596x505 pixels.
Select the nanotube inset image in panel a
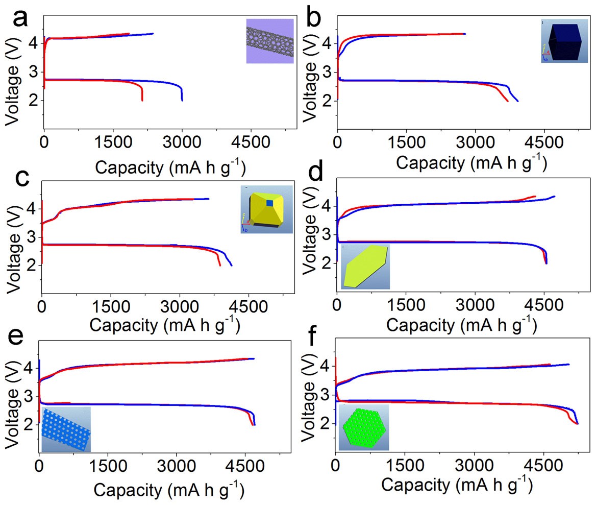(x=270, y=41)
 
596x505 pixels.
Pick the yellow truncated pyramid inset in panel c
(x=266, y=209)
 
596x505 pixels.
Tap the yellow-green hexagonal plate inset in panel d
(x=365, y=266)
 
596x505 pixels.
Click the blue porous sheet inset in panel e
(x=66, y=429)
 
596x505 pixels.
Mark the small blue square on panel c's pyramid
(x=269, y=203)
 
